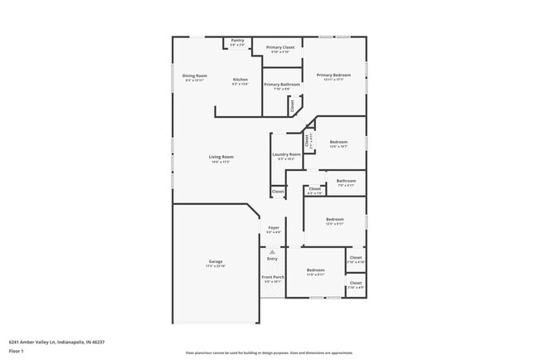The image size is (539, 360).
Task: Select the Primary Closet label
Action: [280, 48]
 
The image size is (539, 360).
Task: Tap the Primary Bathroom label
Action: [282, 85]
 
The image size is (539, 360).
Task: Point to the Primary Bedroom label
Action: [333, 75]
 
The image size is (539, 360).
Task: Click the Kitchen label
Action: [240, 80]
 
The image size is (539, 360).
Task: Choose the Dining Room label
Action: [195, 75]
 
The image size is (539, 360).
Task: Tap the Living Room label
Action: [221, 157]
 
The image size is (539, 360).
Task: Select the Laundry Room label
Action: [285, 154]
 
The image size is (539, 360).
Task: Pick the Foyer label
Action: [273, 227]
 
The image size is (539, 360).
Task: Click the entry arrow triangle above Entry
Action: [272, 251]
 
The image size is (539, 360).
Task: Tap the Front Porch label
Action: [273, 277]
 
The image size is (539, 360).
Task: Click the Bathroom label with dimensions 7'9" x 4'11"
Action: [346, 181]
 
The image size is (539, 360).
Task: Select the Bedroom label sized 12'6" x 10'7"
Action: [337, 142]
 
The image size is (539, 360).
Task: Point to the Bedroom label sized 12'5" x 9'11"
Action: [334, 220]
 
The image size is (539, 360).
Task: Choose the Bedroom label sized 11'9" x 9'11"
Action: [315, 270]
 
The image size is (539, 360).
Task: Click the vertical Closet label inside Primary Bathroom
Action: [292, 105]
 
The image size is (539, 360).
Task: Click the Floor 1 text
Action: [17, 351]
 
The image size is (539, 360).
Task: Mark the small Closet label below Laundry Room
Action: [278, 192]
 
